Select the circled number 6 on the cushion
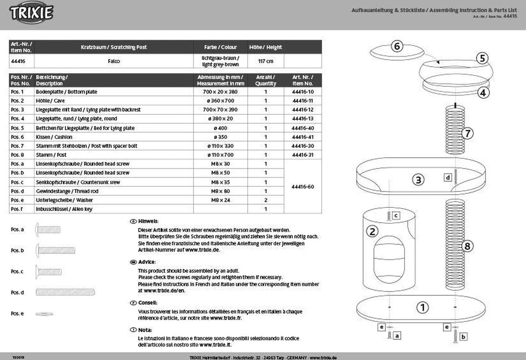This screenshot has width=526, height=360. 397,46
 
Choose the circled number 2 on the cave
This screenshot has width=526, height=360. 372,232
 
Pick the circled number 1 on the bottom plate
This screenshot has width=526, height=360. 422,307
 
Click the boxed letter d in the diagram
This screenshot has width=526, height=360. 448,178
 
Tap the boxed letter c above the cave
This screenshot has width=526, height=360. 395,215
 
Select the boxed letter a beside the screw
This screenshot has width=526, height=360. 397,336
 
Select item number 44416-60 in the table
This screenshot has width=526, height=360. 302,186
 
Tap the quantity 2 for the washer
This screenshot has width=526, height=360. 266,200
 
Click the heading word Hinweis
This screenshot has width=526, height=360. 148,221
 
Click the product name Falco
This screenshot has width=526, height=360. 114,61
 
